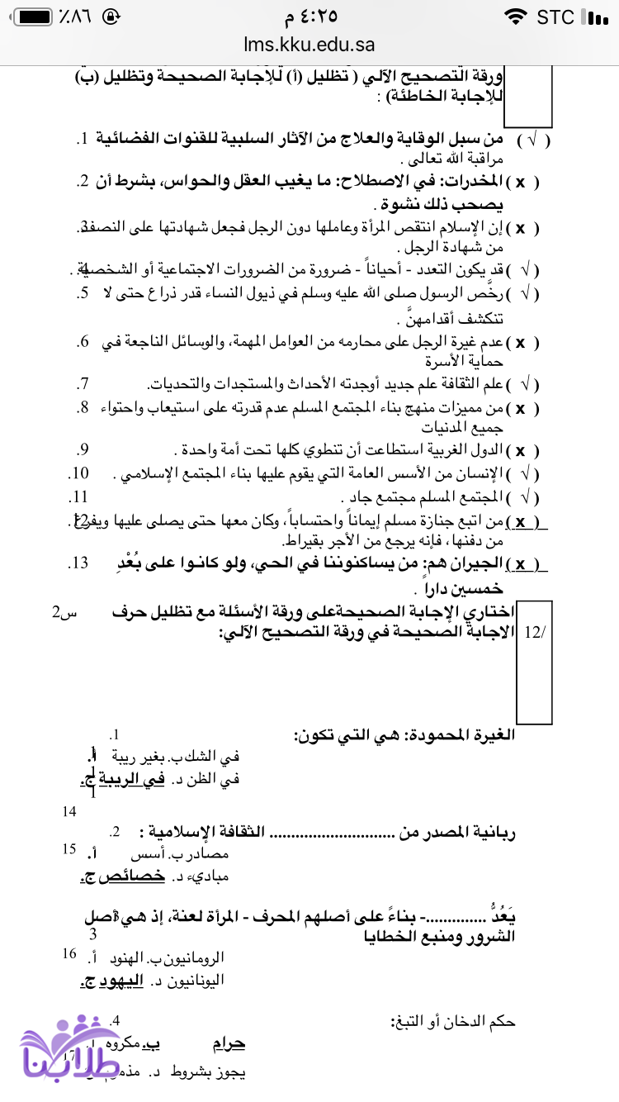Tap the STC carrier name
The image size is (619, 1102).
point(555,17)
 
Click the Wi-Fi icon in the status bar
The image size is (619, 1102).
point(516,17)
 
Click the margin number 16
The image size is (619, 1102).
point(69,954)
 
